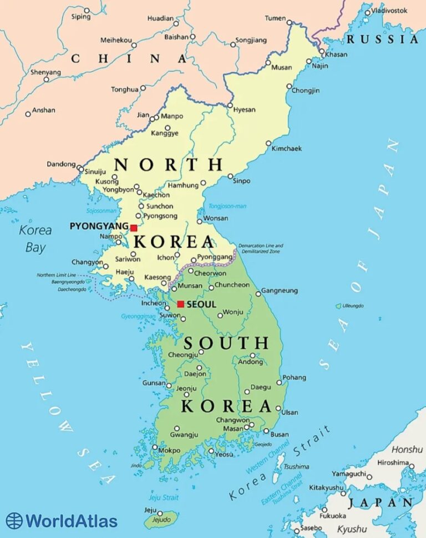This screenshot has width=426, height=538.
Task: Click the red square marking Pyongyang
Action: (134, 228)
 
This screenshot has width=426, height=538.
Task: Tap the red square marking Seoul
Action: (180, 304)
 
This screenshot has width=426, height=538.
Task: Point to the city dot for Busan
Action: (266, 431)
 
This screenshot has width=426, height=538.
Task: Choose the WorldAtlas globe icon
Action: (14, 521)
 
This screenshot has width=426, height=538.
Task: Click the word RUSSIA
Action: (382, 39)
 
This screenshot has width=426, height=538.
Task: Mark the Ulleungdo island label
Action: (353, 306)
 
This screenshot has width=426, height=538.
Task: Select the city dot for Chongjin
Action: (289, 87)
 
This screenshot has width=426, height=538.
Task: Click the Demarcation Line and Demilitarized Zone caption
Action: (261, 248)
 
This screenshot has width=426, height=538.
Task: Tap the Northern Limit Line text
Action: (57, 275)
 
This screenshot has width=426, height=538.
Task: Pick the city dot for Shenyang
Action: (47, 79)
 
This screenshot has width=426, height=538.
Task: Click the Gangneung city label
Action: (280, 291)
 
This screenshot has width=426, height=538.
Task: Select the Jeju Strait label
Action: (164, 497)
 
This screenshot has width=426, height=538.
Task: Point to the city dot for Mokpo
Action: (155, 447)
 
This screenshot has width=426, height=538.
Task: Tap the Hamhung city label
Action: (183, 185)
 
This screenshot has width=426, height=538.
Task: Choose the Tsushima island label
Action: (296, 466)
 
